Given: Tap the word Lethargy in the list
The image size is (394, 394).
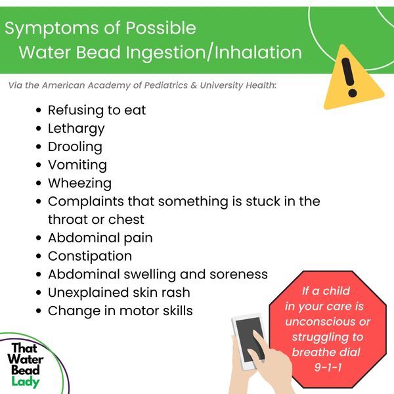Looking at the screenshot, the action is pos(76,129).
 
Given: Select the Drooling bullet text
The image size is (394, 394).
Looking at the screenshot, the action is pos(75,147).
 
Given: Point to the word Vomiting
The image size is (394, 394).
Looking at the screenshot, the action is pos(77,165).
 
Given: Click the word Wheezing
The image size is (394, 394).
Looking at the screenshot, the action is pos(79,183).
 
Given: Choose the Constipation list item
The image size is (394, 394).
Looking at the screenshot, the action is pos(90,257).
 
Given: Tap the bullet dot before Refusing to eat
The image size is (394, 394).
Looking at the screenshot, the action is pos(39,110).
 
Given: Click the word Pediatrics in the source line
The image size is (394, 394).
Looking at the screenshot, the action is pos(166,85).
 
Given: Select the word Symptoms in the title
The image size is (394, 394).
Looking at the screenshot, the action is pos(52,28).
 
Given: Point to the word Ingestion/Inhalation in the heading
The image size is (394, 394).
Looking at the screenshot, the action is pos(213,53).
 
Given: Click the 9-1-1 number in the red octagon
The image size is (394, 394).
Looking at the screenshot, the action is pos(328,367).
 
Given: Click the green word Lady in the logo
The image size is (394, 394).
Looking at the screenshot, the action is pos(26,382).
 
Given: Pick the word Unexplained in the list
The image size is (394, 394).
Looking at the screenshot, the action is pos(88,293).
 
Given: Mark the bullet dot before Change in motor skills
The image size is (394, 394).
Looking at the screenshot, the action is pos(39,311).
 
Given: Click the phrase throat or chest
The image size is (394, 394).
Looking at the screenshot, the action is pos(96,220).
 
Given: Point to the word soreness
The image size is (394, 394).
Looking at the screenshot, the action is pos(239,274).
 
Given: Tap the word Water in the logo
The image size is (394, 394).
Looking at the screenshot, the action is pos(26,359).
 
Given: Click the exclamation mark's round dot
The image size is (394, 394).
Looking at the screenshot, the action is pos(352,93).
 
